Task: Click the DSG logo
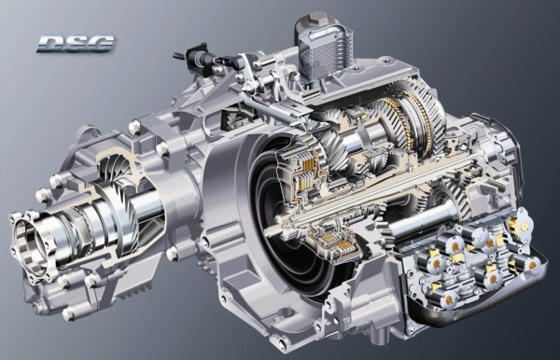pos(75,43)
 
